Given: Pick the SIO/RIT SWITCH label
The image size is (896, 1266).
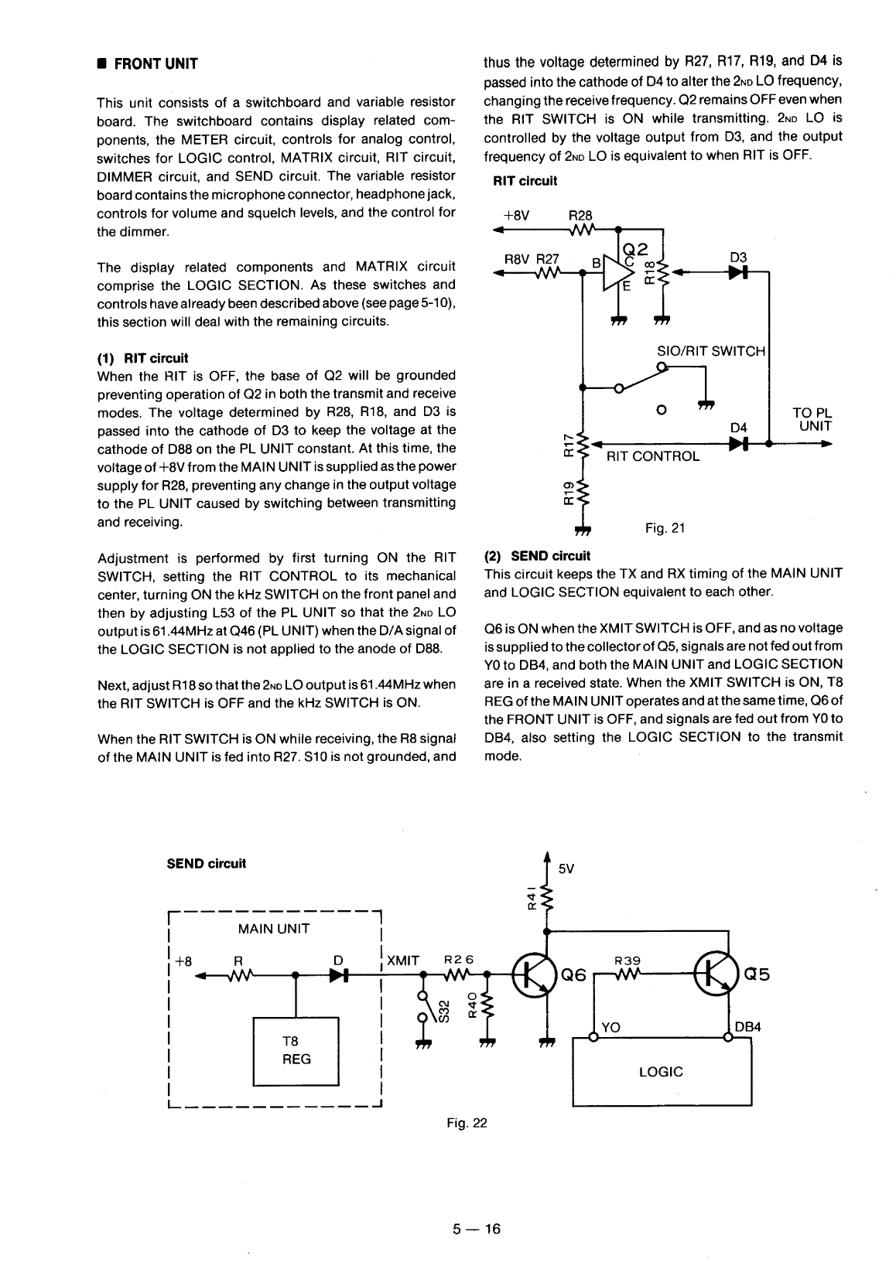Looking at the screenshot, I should [x=711, y=351].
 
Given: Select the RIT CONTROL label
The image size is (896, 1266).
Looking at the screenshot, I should [x=653, y=456].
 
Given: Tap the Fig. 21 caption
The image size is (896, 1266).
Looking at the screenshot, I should [x=665, y=528].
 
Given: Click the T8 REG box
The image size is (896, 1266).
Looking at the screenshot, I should [x=296, y=1051].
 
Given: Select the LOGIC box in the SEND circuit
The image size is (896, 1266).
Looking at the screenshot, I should [x=662, y=1072].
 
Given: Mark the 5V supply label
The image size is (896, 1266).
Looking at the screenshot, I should [x=566, y=868].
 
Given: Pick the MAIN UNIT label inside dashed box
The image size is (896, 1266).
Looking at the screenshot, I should [x=274, y=929].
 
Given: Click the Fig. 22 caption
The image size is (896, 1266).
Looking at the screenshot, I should [x=467, y=1122].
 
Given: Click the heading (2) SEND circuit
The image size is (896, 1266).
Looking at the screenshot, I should [x=536, y=555].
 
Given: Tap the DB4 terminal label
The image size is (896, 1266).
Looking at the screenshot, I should [x=748, y=1027].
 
